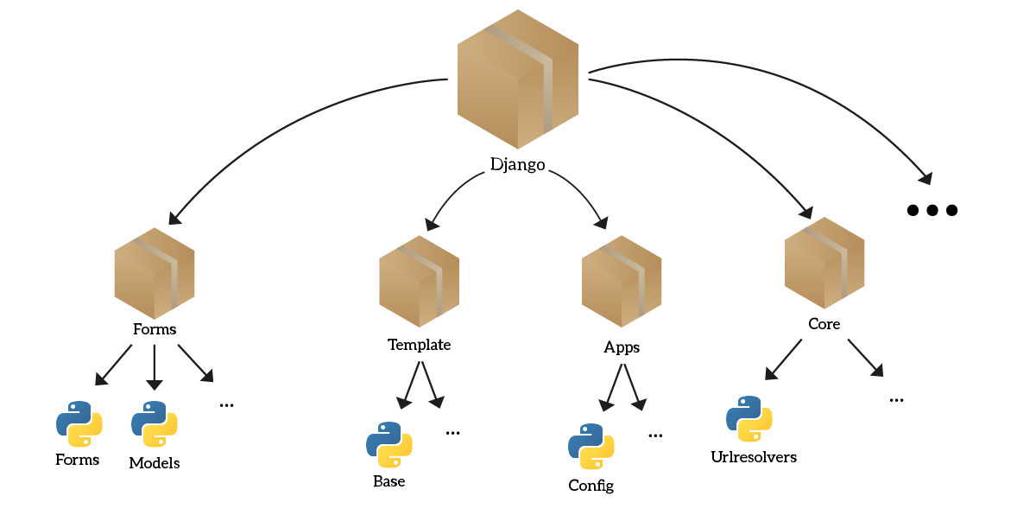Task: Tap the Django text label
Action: click(x=517, y=164)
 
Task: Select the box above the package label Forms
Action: click(x=155, y=273)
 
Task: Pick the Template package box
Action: click(x=419, y=282)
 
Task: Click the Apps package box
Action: click(x=622, y=282)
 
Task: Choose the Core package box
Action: click(x=824, y=264)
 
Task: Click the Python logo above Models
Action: click(x=155, y=423)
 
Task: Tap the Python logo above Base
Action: click(x=389, y=444)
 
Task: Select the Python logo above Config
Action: click(x=591, y=447)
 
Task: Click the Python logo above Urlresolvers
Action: click(x=749, y=419)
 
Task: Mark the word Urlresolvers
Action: click(x=753, y=456)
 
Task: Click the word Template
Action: click(x=419, y=345)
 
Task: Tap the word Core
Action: click(x=824, y=325)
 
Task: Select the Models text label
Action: click(x=155, y=463)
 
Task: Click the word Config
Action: click(x=591, y=486)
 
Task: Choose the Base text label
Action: click(x=389, y=481)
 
